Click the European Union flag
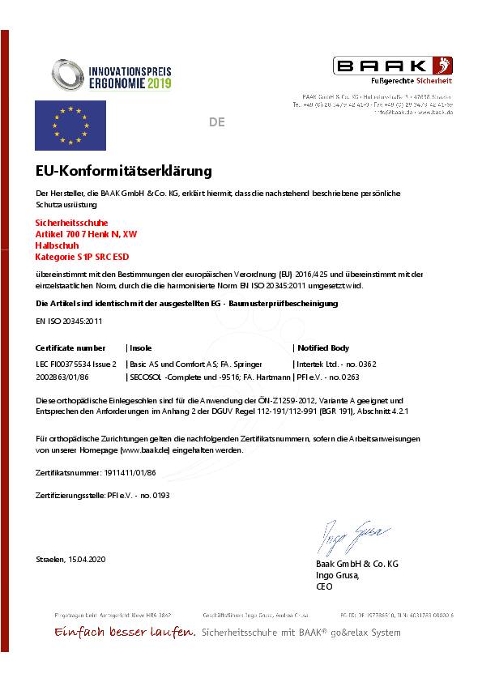[x=70, y=125]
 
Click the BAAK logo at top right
[x=394, y=66]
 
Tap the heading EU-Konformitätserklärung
[x=124, y=172]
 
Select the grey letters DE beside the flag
[x=216, y=123]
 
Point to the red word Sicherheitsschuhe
[x=72, y=223]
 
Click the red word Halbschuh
[x=58, y=245]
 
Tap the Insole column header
[x=142, y=347]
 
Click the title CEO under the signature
[x=323, y=586]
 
